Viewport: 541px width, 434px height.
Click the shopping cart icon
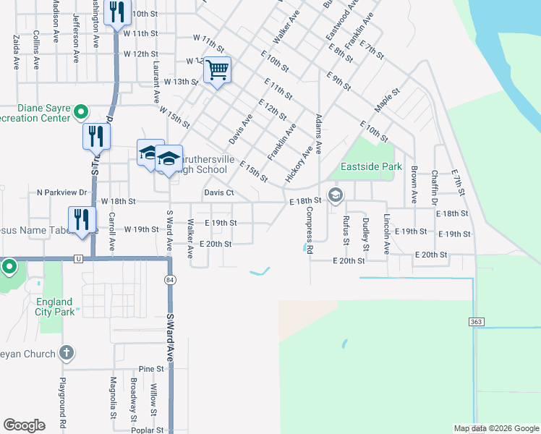point(217,71)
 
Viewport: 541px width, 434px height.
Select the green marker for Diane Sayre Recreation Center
point(81,112)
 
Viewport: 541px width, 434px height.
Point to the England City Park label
point(54,307)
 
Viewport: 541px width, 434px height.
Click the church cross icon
point(66,353)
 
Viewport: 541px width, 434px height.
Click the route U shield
point(77,258)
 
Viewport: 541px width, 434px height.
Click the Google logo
point(24,425)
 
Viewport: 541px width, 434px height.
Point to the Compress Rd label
point(309,230)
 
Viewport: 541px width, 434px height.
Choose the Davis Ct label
point(218,193)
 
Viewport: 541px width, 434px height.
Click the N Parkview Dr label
point(61,193)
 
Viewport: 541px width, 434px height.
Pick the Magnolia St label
point(114,399)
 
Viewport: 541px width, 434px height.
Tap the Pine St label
point(151,369)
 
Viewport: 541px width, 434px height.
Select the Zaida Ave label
point(16,54)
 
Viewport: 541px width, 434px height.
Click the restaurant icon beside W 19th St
point(82,220)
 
